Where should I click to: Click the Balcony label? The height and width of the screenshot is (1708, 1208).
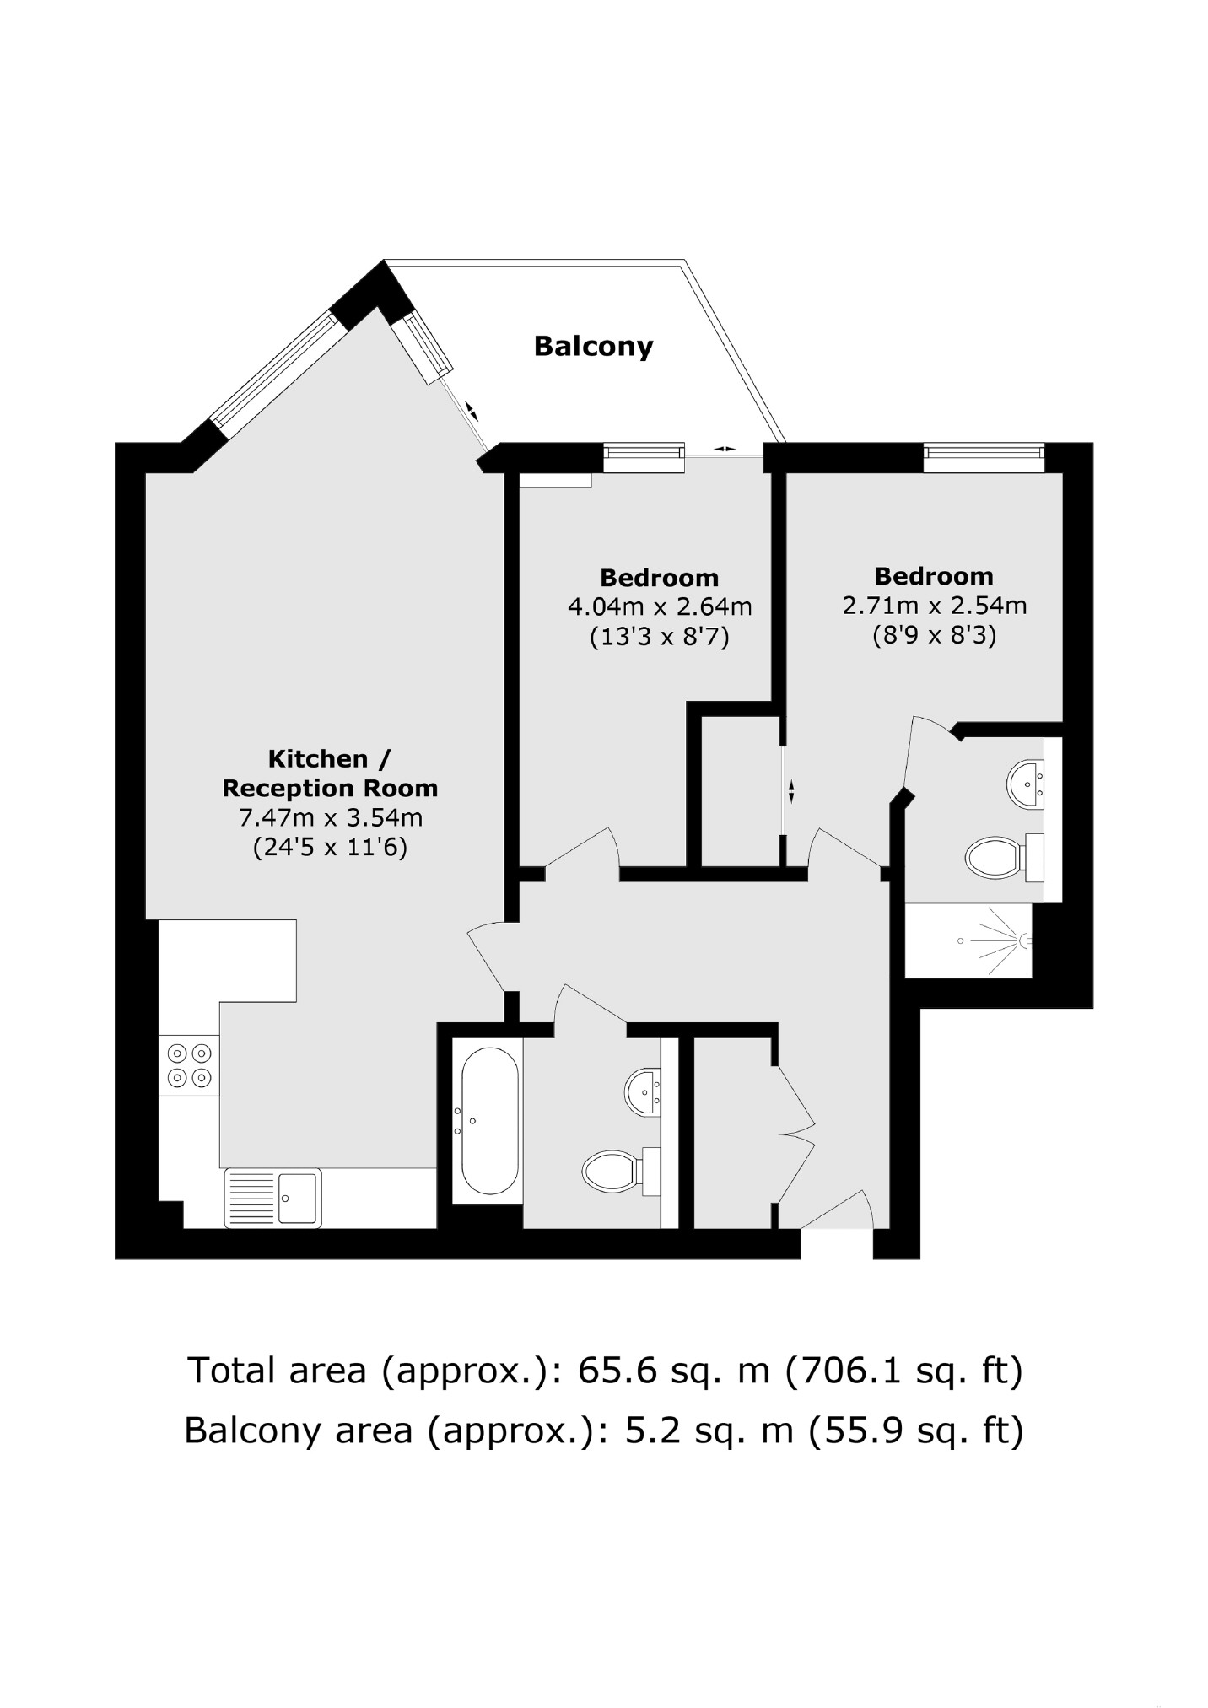point(593,347)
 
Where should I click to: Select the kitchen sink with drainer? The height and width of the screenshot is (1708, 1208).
point(272,1197)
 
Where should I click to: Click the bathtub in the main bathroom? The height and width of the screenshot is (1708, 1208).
point(487,1121)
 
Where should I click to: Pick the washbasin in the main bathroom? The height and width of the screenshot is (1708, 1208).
point(644,1091)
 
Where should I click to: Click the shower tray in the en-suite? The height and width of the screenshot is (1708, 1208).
point(968,940)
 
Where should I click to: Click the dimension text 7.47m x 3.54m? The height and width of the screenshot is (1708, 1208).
point(331,817)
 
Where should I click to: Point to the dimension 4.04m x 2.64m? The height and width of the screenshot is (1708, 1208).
point(659,606)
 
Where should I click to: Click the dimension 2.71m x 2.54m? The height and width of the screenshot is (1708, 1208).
point(934,605)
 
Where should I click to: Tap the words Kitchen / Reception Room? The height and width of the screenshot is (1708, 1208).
point(330,773)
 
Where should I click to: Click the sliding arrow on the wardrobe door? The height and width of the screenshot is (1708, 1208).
point(791,791)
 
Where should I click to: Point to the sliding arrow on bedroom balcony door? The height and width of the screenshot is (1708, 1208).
point(724,449)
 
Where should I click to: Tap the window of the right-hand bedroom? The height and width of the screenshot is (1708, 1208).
point(984,457)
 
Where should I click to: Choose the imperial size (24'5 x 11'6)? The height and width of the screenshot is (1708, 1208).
point(331,847)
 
